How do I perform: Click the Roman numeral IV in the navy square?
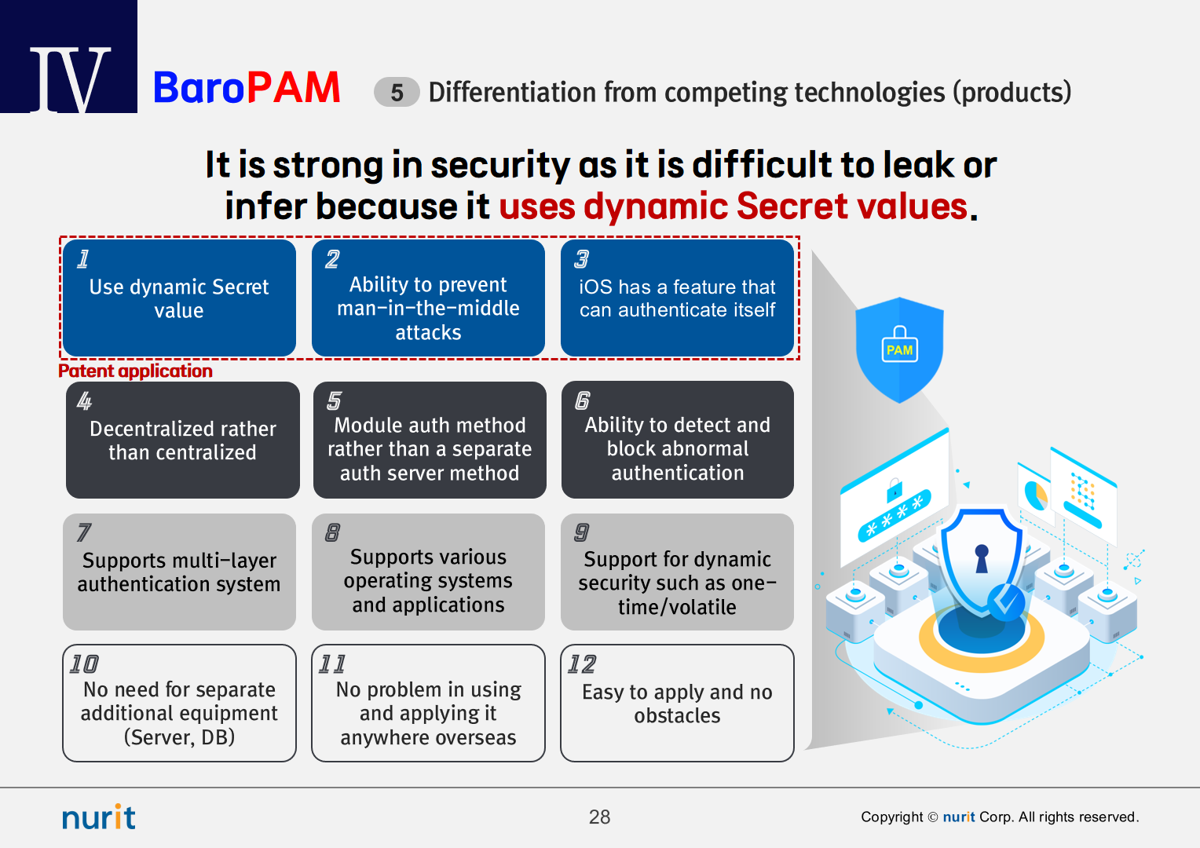70,79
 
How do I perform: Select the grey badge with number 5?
397,92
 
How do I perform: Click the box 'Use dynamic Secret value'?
179,298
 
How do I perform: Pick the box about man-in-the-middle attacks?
428,298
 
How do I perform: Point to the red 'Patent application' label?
136,371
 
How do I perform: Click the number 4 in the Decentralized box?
84,400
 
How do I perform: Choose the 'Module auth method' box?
430,440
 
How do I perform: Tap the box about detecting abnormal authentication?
678,440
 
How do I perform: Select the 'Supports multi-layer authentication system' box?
179,572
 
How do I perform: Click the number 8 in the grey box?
332,532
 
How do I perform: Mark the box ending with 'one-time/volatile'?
677,572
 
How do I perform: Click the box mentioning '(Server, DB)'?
179,703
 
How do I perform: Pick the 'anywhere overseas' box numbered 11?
428,703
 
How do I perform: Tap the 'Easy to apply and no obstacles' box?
677,703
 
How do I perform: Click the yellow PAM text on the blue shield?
899,350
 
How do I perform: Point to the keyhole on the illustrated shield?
982,558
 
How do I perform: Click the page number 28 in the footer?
599,817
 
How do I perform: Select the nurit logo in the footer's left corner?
99,817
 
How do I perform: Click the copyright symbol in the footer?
933,817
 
